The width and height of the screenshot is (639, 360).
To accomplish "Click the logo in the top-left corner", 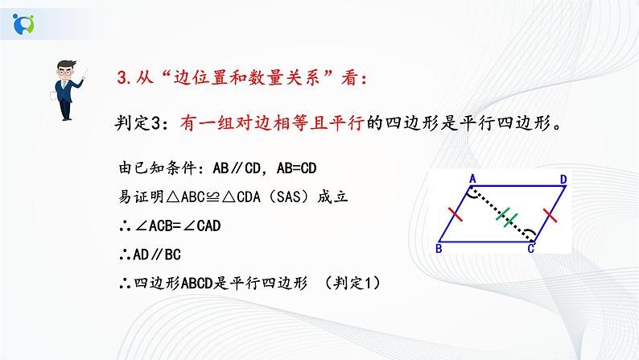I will [x=25, y=22].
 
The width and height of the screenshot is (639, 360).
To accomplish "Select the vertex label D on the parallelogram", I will [x=565, y=178].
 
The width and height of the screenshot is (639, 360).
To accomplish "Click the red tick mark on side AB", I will [x=456, y=213].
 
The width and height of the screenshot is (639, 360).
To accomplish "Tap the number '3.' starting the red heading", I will [x=123, y=78].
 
